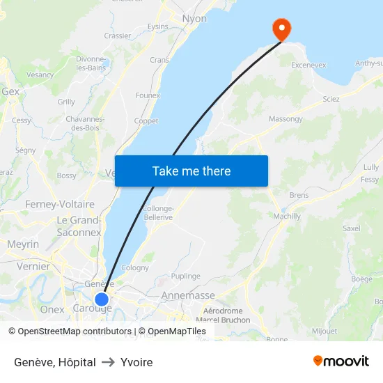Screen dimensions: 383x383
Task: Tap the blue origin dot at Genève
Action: coord(102,299)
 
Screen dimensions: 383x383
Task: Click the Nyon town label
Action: coord(194,19)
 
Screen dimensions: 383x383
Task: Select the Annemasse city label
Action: coord(188,295)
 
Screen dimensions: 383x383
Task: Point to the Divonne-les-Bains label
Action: coord(91,63)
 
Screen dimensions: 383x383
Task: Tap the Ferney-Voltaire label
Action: coord(59,204)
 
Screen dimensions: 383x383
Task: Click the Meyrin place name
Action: coord(23,244)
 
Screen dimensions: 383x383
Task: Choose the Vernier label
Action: coord(33,266)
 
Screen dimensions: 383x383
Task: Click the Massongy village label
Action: coord(286,119)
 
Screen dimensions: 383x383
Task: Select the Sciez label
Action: coord(331,99)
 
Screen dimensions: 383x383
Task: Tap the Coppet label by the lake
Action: coord(146,121)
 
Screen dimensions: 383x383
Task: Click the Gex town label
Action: coord(10,91)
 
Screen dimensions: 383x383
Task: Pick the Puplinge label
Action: coord(185,276)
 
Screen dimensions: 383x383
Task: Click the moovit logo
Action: coord(341,361)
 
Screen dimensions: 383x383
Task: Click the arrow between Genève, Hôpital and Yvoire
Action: coord(108,362)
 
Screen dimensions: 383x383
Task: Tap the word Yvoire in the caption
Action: coord(136,362)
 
